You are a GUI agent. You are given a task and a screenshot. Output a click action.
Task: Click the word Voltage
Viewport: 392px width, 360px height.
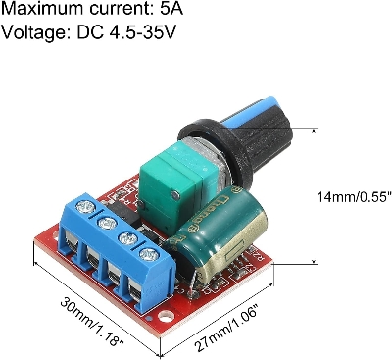click(33, 36)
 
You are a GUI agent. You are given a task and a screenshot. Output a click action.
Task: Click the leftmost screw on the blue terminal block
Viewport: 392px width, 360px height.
click(87, 208)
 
